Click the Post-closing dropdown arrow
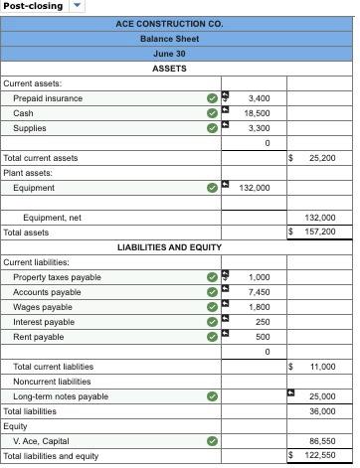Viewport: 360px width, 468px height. pyautogui.click(x=78, y=6)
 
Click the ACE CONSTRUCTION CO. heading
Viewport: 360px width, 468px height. pyautogui.click(x=169, y=22)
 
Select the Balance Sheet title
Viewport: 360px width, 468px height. pyautogui.click(x=169, y=38)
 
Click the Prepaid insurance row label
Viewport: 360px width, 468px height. pyautogui.click(x=48, y=98)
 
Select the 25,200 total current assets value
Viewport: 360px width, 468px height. pyautogui.click(x=321, y=158)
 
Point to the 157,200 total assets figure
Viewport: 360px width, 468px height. pyautogui.click(x=321, y=232)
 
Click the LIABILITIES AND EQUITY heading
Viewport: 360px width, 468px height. pyautogui.click(x=169, y=246)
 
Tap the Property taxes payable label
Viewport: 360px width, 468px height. pyautogui.click(x=57, y=277)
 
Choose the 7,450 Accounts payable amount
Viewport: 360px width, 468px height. pyautogui.click(x=258, y=292)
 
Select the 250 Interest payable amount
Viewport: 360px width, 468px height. pyautogui.click(x=262, y=322)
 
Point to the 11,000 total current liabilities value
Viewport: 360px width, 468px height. pyautogui.click(x=322, y=367)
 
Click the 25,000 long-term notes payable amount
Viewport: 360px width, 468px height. pyautogui.click(x=322, y=396)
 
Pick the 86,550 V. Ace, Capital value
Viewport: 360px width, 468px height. pyautogui.click(x=322, y=441)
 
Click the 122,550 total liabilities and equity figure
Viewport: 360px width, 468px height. pyautogui.click(x=321, y=456)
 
